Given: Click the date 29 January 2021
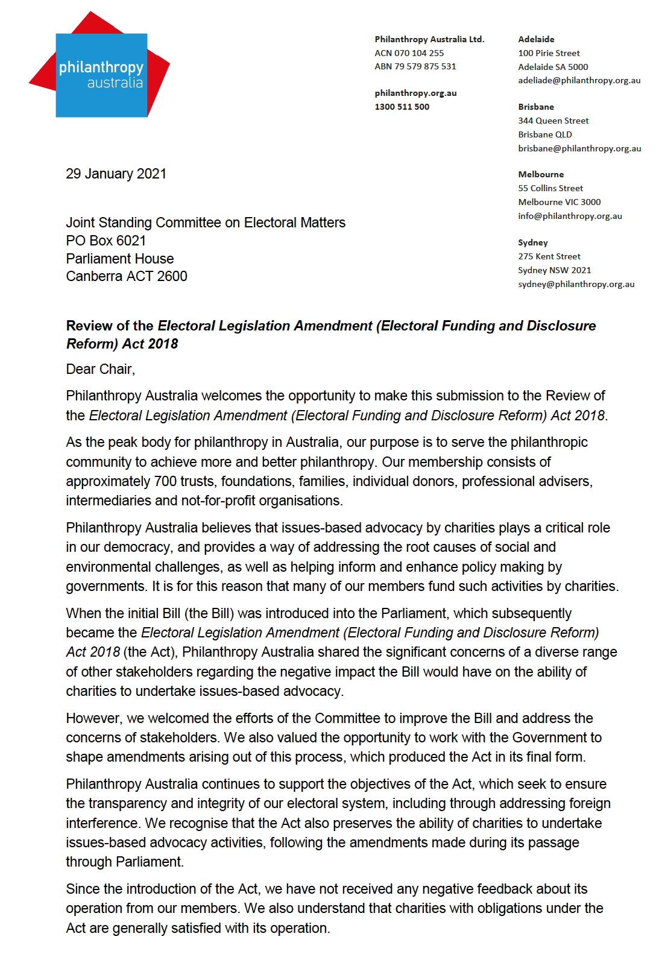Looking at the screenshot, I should [116, 174].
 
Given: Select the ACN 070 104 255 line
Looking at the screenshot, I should [409, 53].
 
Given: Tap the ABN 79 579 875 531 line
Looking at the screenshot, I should [415, 66].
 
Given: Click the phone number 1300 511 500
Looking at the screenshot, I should [402, 107].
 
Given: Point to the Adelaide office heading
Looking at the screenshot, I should [536, 39].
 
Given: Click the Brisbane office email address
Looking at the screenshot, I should [579, 148].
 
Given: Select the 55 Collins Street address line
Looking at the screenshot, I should [550, 188].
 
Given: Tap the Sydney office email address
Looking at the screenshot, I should [576, 284].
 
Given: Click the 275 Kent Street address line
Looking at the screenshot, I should [549, 256].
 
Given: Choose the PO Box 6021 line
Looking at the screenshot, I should [106, 241].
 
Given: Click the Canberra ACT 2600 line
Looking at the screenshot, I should [127, 276].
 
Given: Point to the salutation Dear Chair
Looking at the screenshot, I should [100, 369].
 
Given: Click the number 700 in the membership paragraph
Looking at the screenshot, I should [165, 481].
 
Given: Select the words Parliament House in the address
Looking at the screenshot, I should [119, 259].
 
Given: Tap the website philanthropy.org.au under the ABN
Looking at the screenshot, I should [415, 93].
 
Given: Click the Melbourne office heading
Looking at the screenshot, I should [541, 174].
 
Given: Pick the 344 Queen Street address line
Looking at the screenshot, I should [553, 121].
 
